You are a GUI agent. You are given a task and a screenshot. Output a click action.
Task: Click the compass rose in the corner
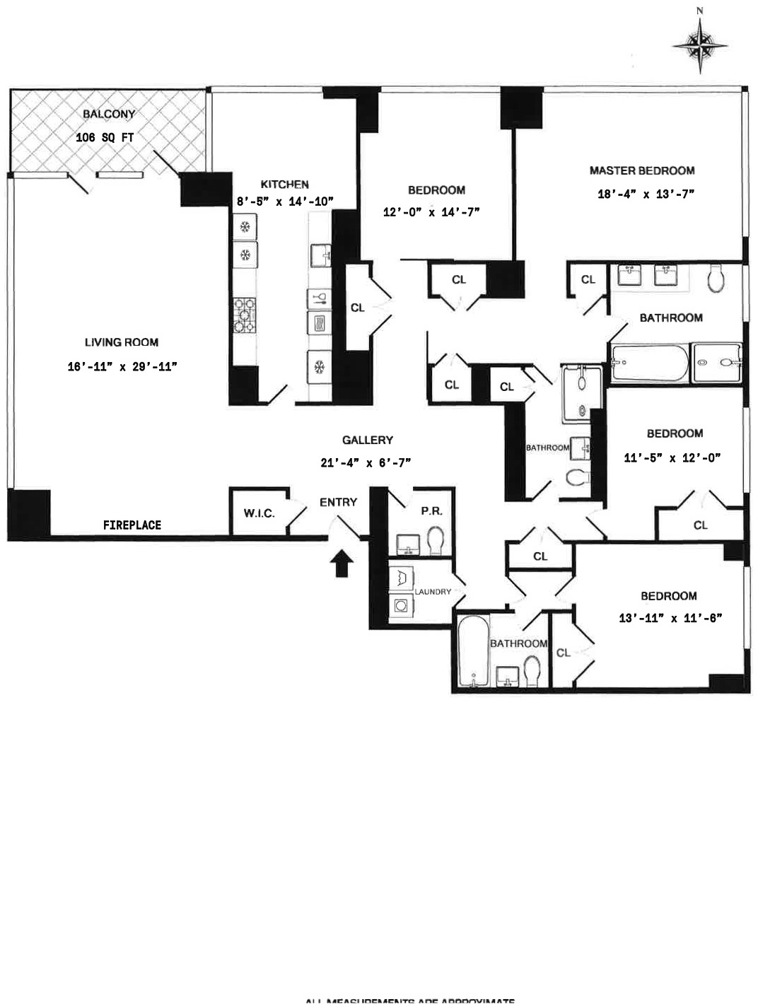[699, 44]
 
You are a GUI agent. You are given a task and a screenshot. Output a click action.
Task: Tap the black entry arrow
[342, 564]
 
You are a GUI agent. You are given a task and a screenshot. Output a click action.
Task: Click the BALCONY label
[109, 114]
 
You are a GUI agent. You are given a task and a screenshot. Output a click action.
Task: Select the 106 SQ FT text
[105, 138]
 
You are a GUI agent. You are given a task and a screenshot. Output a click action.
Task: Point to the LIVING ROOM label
[122, 342]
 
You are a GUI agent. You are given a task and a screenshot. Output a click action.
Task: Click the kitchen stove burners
[244, 315]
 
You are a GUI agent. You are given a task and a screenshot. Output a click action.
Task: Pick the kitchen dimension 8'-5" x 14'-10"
[284, 202]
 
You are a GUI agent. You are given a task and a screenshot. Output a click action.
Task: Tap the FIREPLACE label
[132, 525]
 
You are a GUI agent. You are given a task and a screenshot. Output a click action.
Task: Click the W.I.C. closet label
[259, 513]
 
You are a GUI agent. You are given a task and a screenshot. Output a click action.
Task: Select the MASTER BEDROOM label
[642, 170]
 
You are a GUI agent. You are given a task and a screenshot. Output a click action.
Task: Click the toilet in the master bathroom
[716, 279]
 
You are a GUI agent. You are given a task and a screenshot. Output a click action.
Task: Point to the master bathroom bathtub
[649, 363]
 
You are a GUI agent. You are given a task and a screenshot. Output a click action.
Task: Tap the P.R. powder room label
[431, 510]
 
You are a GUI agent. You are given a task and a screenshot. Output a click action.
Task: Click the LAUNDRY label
[433, 591]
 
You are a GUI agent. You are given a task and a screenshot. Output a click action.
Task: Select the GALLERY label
[367, 440]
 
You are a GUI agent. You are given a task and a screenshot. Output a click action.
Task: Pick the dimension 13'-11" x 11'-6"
[670, 618]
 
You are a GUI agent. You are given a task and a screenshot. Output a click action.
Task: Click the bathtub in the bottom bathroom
[472, 651]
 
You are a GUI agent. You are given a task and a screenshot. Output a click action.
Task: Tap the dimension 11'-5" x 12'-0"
[672, 457]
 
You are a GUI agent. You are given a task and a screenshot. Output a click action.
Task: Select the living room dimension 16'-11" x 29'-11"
[122, 366]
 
